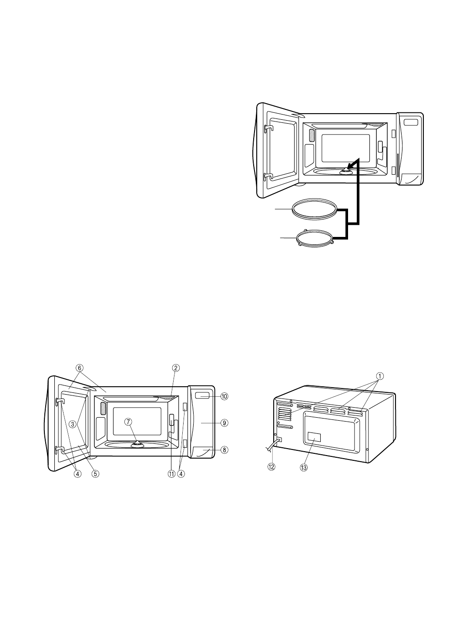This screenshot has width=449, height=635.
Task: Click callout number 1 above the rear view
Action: (380, 376)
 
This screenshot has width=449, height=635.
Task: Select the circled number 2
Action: (175, 368)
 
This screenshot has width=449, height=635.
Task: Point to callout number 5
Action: (95, 473)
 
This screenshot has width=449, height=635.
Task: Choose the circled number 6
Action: (80, 368)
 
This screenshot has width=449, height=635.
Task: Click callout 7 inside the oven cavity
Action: (128, 422)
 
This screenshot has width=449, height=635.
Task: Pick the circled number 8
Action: (224, 449)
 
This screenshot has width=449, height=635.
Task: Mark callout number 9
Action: (224, 422)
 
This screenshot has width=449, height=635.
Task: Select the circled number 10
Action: (224, 396)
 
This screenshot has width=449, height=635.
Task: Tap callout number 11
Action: (171, 473)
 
